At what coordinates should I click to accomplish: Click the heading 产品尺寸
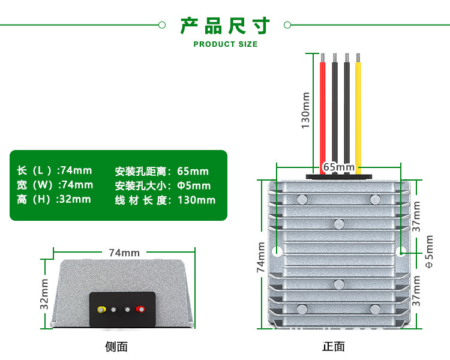click(225, 26)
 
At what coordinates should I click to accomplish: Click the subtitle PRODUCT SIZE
click(225, 44)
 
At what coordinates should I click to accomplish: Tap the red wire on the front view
click(322, 114)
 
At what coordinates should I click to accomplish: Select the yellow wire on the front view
click(358, 114)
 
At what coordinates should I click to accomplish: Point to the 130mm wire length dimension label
click(305, 110)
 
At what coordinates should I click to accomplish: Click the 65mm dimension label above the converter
click(338, 167)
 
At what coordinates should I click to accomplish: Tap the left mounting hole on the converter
click(277, 251)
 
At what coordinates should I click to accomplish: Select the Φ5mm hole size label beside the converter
click(428, 252)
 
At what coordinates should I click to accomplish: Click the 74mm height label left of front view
click(261, 257)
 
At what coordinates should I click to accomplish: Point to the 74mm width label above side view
click(124, 253)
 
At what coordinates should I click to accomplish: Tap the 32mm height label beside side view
click(44, 294)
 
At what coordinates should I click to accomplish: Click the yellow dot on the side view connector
click(101, 310)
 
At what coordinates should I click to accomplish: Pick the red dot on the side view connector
click(140, 310)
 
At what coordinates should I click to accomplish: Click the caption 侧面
click(116, 346)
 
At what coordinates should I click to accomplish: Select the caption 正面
click(334, 346)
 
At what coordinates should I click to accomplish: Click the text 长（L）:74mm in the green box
click(55, 171)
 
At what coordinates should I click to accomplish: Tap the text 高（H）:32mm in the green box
click(54, 199)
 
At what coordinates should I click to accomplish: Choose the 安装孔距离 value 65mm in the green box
click(193, 172)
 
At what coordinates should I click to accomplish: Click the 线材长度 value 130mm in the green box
click(196, 200)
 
